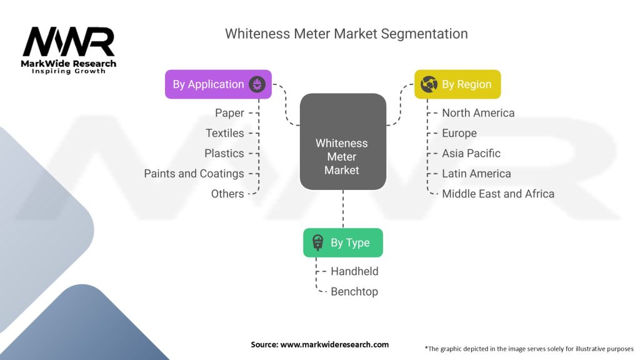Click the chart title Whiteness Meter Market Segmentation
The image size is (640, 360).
pyautogui.click(x=346, y=33)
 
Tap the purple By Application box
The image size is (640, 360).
pyautogui.click(x=218, y=84)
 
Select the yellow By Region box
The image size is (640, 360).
pyautogui.click(x=457, y=84)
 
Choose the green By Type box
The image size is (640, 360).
pyautogui.click(x=342, y=242)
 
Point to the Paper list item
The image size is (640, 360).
pyautogui.click(x=229, y=113)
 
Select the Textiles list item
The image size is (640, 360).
pyautogui.click(x=224, y=133)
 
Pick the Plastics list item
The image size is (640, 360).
pyautogui.click(x=224, y=153)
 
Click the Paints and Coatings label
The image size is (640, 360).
pyautogui.click(x=194, y=174)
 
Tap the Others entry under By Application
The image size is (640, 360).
pyautogui.click(x=227, y=194)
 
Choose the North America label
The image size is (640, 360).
pyautogui.click(x=478, y=113)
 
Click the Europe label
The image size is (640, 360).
pyautogui.click(x=459, y=133)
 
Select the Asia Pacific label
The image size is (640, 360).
pyautogui.click(x=471, y=153)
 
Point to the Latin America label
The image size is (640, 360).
pyautogui.click(x=476, y=174)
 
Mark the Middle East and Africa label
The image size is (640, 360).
pyautogui.click(x=497, y=194)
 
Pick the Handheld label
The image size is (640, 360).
pyautogui.click(x=354, y=271)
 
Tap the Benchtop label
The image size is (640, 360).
pyautogui.click(x=354, y=291)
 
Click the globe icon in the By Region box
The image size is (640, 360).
pyautogui.click(x=429, y=84)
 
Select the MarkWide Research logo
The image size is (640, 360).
pyautogui.click(x=69, y=50)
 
